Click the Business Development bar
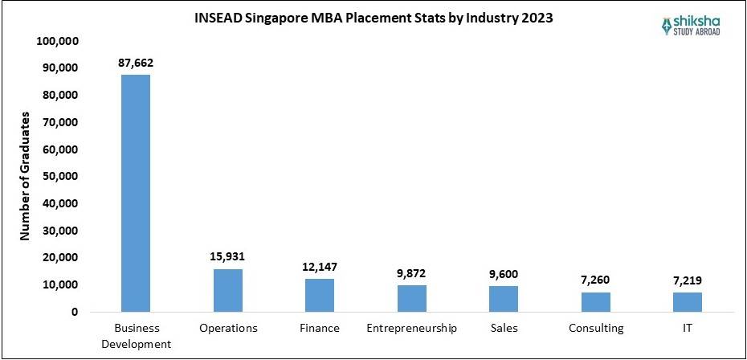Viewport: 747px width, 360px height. pos(135,193)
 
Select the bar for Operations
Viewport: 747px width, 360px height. pos(227,290)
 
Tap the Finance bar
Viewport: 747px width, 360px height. pos(320,295)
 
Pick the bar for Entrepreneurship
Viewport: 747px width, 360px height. pos(412,298)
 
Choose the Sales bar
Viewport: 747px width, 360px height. pos(504,299)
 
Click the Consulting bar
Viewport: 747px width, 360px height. pos(596,302)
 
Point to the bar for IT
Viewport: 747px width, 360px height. pos(688,302)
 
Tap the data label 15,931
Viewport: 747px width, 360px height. pos(227,256)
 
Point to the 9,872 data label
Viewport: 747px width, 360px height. pos(412,272)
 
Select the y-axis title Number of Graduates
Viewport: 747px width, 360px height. pos(25,176)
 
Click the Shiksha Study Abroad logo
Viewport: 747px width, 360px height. pos(695,27)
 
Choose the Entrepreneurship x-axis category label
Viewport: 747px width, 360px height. pos(412,329)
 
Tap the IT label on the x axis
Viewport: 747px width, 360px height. pos(688,329)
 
